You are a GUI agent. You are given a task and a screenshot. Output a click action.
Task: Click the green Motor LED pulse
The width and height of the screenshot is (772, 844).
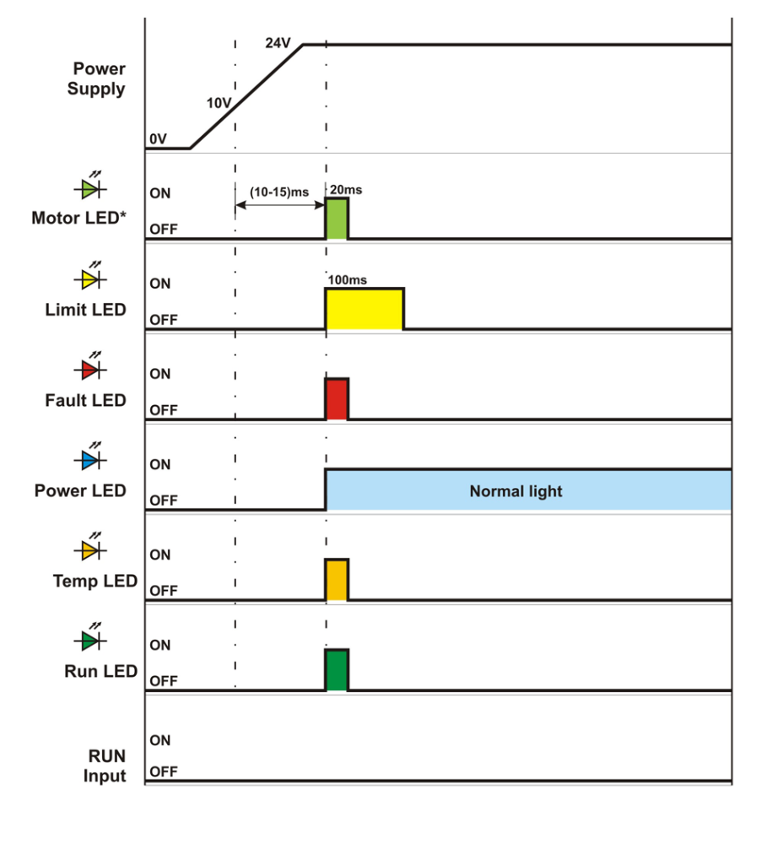point(337,219)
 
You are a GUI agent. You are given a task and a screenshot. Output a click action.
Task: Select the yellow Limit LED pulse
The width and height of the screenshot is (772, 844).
point(364,308)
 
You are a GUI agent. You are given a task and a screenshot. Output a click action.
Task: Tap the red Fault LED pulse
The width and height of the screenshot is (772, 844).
point(337,399)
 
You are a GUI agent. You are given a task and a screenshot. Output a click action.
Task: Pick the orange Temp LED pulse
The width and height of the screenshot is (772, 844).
point(337,580)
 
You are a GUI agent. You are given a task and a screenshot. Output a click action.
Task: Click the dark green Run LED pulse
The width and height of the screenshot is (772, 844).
point(337,670)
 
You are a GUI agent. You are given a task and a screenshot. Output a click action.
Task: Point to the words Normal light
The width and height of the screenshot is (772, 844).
point(516,491)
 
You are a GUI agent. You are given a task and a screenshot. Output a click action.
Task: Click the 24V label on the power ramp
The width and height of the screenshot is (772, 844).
point(278,42)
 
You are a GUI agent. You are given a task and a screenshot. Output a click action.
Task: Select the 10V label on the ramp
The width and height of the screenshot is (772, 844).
point(219,103)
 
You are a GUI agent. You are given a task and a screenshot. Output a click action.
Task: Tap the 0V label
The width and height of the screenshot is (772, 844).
point(158,138)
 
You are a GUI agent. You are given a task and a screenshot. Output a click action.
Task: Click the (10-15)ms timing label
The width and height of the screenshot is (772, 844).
point(279,192)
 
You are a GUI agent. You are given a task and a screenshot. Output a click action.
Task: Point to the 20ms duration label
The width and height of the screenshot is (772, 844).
point(346,191)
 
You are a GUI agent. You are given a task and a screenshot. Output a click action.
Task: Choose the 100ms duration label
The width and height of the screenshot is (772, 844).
point(347,279)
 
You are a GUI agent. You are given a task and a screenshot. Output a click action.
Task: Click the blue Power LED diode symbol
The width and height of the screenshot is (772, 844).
point(89,459)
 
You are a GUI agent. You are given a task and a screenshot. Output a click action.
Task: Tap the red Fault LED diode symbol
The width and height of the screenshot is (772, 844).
point(89,369)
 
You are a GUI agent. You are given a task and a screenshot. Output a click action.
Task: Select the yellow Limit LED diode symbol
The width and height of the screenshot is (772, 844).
point(89,278)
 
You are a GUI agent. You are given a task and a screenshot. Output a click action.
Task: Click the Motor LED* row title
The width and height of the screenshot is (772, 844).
point(79,219)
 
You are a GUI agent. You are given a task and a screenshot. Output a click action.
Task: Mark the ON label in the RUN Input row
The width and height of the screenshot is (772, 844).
point(160,740)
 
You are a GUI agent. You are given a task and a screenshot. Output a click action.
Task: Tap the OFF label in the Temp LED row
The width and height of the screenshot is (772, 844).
point(163,591)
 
